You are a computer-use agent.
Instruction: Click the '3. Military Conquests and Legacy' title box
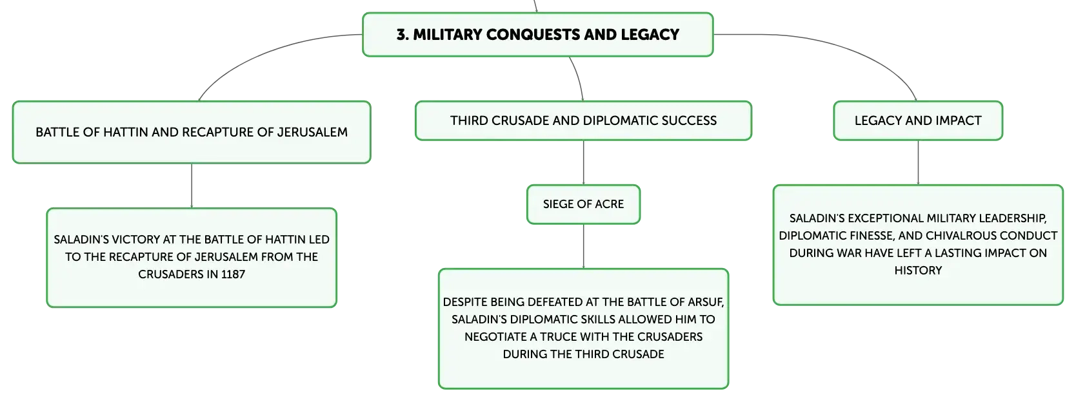(x=537, y=35)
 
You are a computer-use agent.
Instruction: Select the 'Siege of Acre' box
(x=583, y=204)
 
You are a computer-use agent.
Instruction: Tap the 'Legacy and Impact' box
(x=918, y=120)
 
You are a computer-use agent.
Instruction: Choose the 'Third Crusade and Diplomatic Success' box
(x=583, y=120)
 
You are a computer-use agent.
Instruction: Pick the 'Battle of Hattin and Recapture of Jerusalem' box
(x=192, y=132)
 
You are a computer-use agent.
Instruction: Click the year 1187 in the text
(x=233, y=274)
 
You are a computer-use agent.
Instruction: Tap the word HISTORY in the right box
(x=918, y=271)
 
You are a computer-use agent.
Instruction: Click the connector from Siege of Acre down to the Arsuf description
(x=584, y=247)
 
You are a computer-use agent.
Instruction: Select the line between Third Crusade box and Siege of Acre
(x=584, y=162)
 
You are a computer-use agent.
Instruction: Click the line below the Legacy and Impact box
(x=918, y=162)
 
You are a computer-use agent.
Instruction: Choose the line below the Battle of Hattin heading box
(x=192, y=186)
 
